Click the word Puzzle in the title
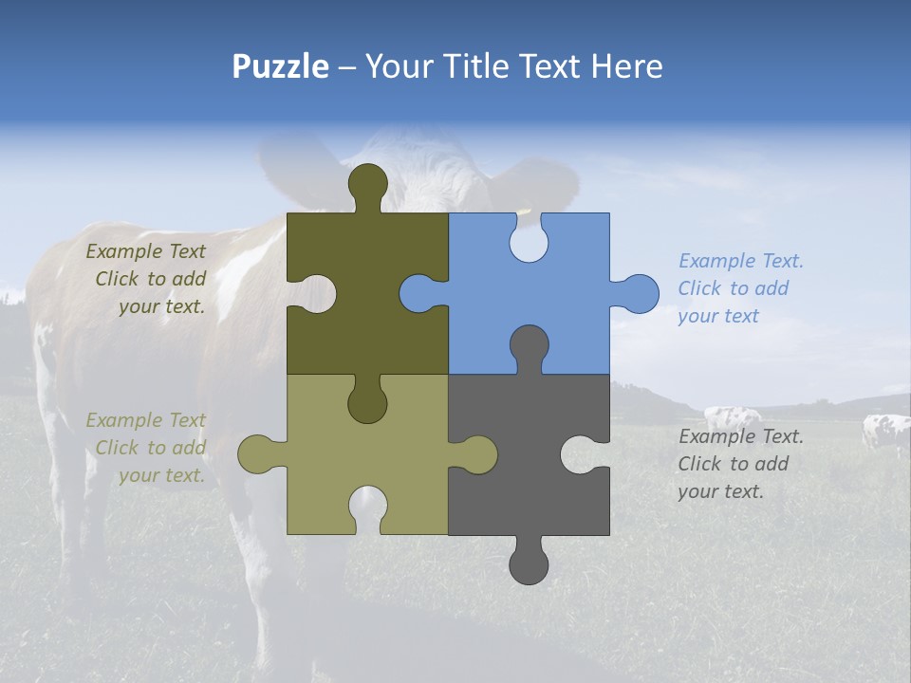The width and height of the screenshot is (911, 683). [x=280, y=66]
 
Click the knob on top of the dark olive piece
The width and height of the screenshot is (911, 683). [x=367, y=184]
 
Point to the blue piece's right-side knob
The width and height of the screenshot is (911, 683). [x=638, y=293]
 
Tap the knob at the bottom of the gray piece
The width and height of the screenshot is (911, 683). [x=529, y=563]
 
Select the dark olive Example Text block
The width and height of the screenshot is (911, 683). [x=148, y=279]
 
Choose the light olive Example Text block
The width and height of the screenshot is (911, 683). [x=148, y=448]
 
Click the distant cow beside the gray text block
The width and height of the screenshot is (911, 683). [x=732, y=417]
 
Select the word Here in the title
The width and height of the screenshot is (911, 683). [x=626, y=66]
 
